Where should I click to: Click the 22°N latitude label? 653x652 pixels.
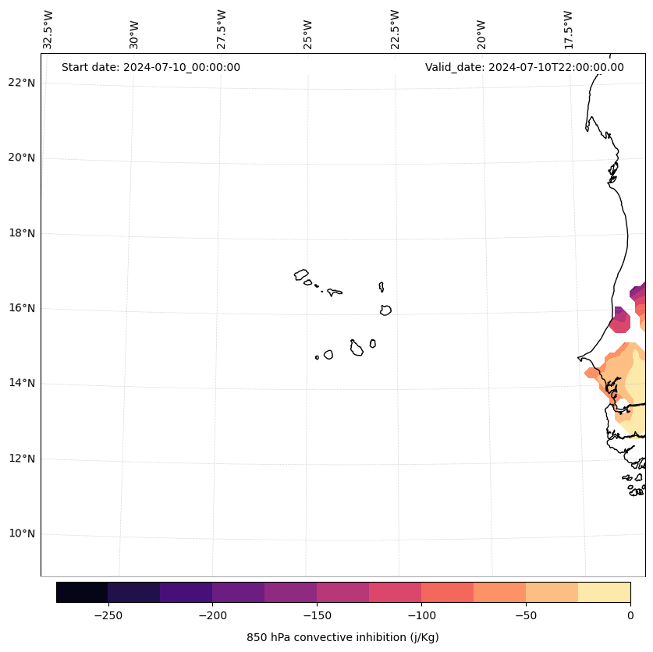click(22, 83)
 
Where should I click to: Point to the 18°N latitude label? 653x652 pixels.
click(22, 233)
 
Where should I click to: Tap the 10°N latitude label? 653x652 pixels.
click(22, 534)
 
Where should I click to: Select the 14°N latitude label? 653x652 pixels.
click(22, 384)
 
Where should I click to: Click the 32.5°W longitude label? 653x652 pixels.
click(48, 30)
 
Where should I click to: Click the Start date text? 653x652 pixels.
click(151, 67)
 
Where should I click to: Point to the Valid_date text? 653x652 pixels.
click(524, 67)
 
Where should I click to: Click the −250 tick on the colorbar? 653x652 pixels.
click(108, 615)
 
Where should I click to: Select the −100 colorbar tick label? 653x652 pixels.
click(421, 615)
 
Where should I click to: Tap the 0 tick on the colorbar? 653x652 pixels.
click(630, 615)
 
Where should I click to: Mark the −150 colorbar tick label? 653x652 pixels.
click(317, 615)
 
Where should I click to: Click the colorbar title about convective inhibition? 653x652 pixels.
click(342, 637)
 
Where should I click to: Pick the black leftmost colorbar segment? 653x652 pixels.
click(82, 592)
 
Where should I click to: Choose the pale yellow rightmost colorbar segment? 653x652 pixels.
click(604, 592)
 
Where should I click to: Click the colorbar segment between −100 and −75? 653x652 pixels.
click(447, 592)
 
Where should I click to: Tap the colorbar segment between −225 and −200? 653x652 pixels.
click(186, 592)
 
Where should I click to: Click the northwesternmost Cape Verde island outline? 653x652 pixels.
click(301, 275)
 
